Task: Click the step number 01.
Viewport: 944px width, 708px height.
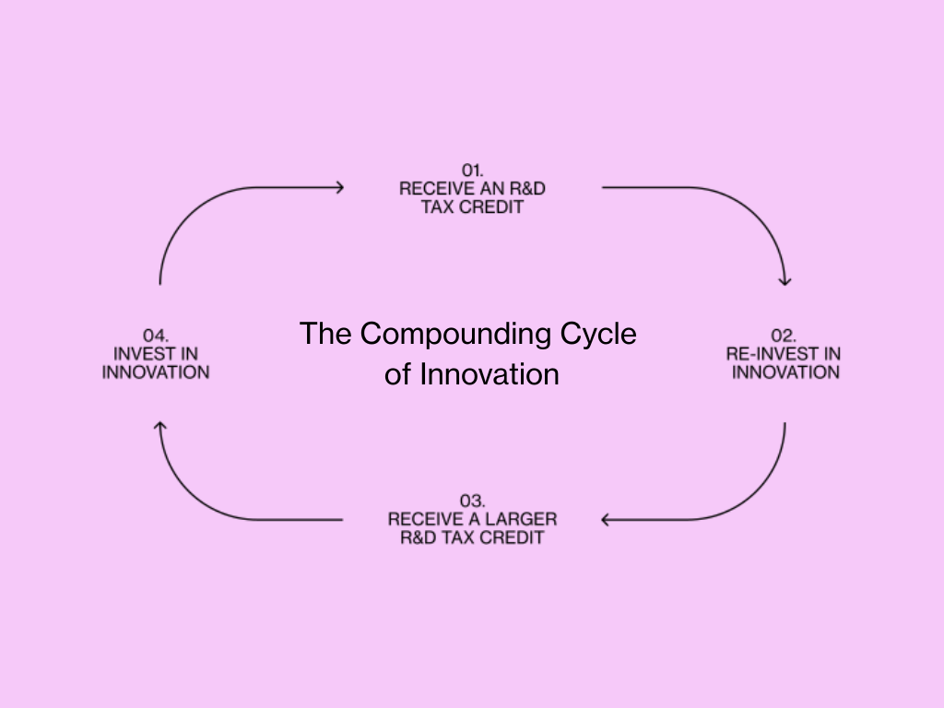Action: pos(473,170)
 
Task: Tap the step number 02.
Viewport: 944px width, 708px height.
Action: pos(785,336)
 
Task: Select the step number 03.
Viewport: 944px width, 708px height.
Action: pos(472,501)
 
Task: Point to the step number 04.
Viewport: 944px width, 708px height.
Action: pos(156,336)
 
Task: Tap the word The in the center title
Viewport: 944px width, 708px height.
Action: pos(325,334)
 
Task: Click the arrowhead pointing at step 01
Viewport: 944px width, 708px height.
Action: pos(339,188)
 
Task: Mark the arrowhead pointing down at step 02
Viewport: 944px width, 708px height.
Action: pos(785,279)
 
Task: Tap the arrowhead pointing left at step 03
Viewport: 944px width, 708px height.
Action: pos(607,520)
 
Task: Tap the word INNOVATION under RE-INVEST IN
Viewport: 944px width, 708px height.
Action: pos(786,372)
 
